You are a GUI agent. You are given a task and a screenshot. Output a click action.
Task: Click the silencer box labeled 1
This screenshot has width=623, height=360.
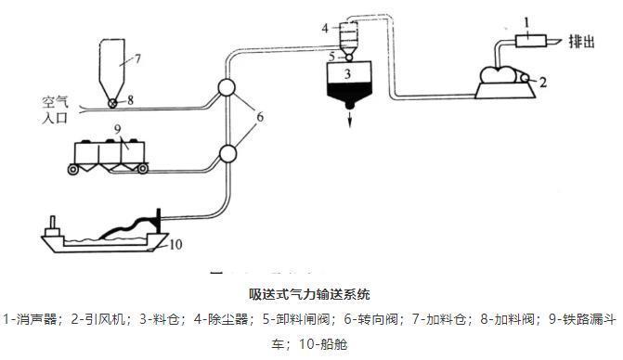527,39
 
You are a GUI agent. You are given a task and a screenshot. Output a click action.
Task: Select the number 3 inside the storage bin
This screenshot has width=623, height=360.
345,71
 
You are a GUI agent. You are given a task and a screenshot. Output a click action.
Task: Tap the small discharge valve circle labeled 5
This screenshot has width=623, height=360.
345,56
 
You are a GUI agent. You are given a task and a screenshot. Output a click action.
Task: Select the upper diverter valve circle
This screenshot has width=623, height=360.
227,90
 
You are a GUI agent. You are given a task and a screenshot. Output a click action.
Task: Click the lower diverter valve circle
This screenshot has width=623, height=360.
226,153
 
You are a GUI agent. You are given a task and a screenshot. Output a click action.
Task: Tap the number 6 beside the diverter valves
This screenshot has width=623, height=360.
260,117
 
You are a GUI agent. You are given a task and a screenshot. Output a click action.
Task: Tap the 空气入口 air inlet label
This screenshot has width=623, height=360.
56,109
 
